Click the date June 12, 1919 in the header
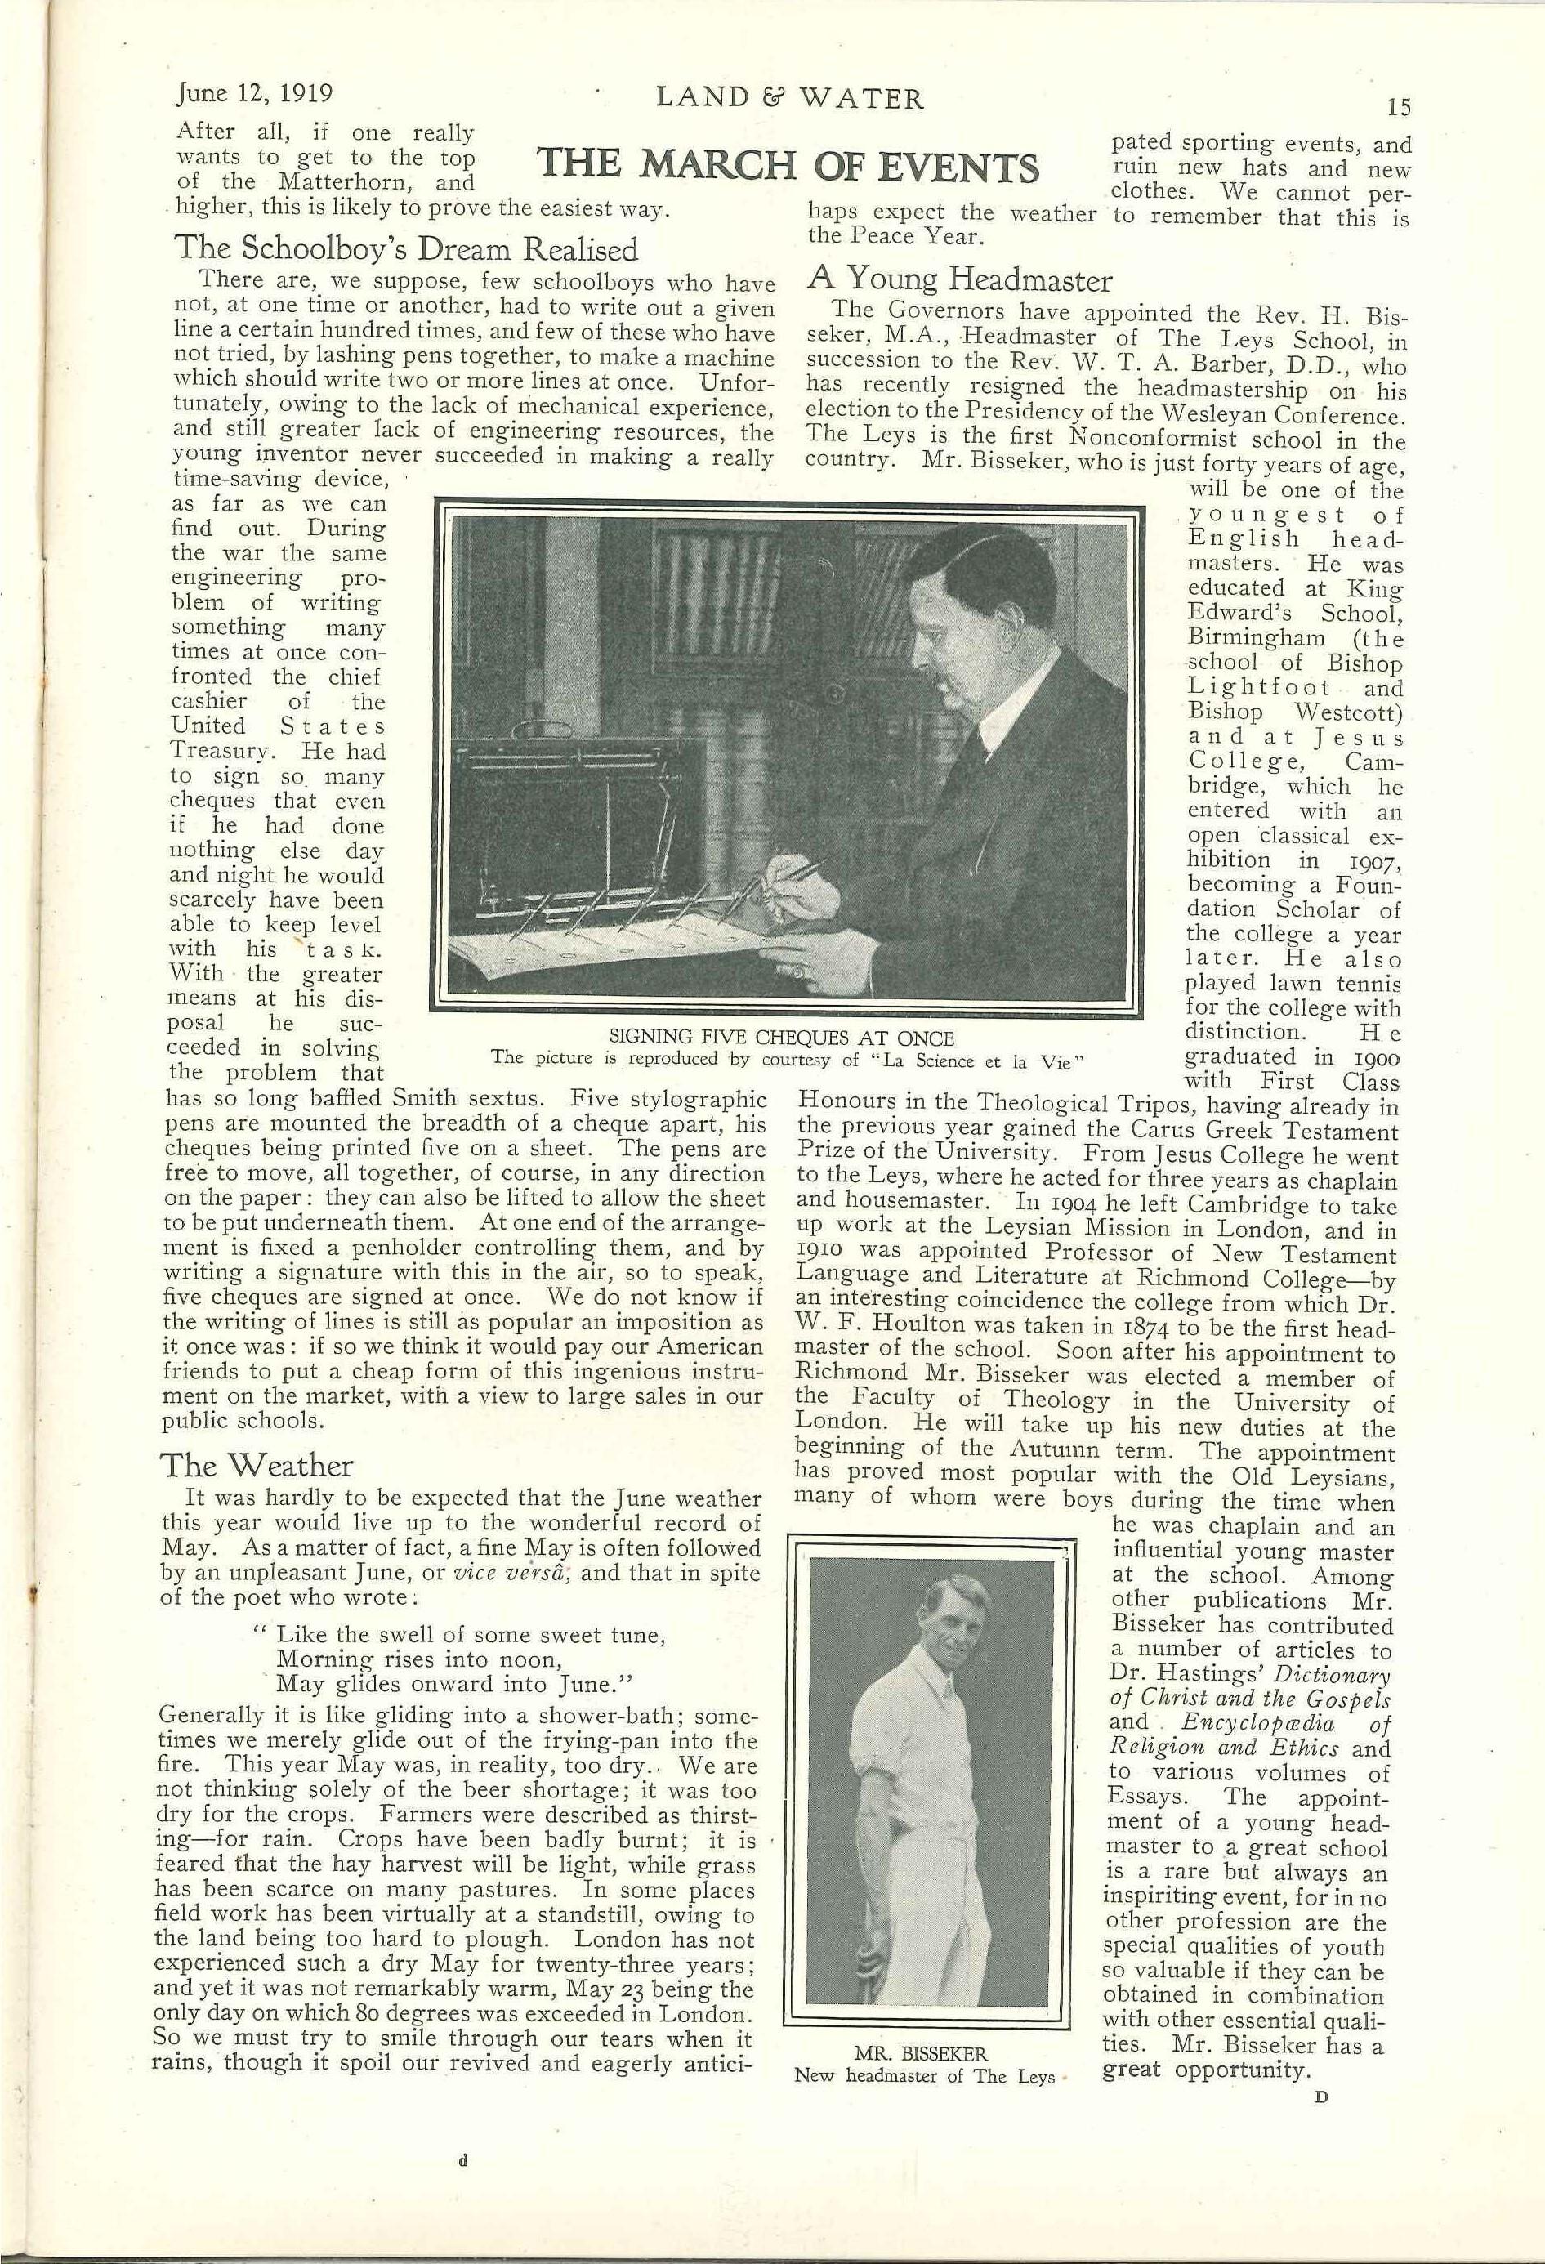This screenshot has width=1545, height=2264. (255, 95)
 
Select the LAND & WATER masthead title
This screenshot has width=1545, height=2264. (789, 98)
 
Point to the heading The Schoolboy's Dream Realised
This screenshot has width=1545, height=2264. (406, 249)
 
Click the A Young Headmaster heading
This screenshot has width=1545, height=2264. (959, 280)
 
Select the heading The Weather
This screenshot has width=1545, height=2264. (257, 1465)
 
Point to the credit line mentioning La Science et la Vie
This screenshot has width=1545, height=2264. (788, 1059)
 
